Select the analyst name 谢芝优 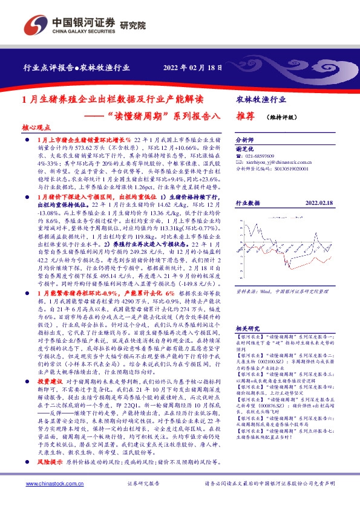click(244, 148)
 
